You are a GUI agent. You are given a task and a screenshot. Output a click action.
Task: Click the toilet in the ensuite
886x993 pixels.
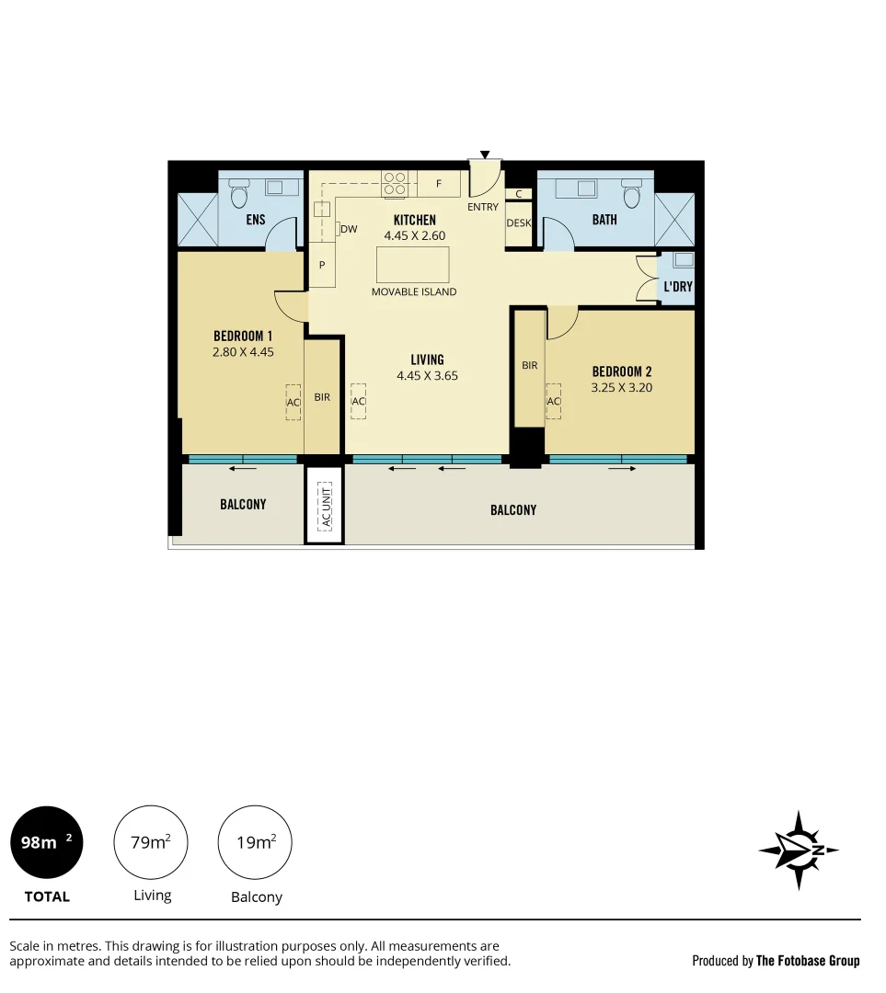[x=239, y=195]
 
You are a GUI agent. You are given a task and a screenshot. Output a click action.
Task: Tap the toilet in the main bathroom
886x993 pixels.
[x=631, y=195]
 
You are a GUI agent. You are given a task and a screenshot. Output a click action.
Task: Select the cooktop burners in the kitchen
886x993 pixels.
[x=396, y=183]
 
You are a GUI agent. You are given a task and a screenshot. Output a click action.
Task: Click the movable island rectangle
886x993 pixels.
[x=413, y=265]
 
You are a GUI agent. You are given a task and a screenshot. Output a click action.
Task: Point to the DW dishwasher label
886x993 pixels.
[x=349, y=229]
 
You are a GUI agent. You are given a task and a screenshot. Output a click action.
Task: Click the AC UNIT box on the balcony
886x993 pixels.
[x=324, y=507]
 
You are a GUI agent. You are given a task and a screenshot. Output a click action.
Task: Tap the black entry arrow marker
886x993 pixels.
[x=485, y=155]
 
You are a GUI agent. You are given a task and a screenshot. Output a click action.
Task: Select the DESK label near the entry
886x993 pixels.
[x=519, y=223]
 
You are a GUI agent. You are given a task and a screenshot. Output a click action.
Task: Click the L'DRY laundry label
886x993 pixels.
[x=678, y=287]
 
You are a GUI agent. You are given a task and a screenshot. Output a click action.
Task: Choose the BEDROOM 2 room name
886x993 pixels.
[x=622, y=371]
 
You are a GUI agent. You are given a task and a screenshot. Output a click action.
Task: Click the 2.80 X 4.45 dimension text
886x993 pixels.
[x=243, y=351]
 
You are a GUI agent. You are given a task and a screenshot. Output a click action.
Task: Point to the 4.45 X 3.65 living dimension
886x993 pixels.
[x=427, y=375]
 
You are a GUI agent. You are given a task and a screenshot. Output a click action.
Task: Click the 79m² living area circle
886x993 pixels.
[x=151, y=842]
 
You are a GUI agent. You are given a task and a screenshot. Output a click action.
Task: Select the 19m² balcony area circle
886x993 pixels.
[x=255, y=842]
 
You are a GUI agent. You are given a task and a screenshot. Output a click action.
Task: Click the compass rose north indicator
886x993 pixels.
[x=798, y=850]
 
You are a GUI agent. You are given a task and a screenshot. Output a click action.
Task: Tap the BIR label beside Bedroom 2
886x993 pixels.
[x=530, y=366]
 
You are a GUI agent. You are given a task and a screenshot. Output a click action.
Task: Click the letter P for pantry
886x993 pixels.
[x=322, y=265]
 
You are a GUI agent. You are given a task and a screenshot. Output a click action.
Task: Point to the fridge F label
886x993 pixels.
[x=439, y=184]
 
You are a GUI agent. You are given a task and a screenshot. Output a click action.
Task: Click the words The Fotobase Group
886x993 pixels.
[x=808, y=961]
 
